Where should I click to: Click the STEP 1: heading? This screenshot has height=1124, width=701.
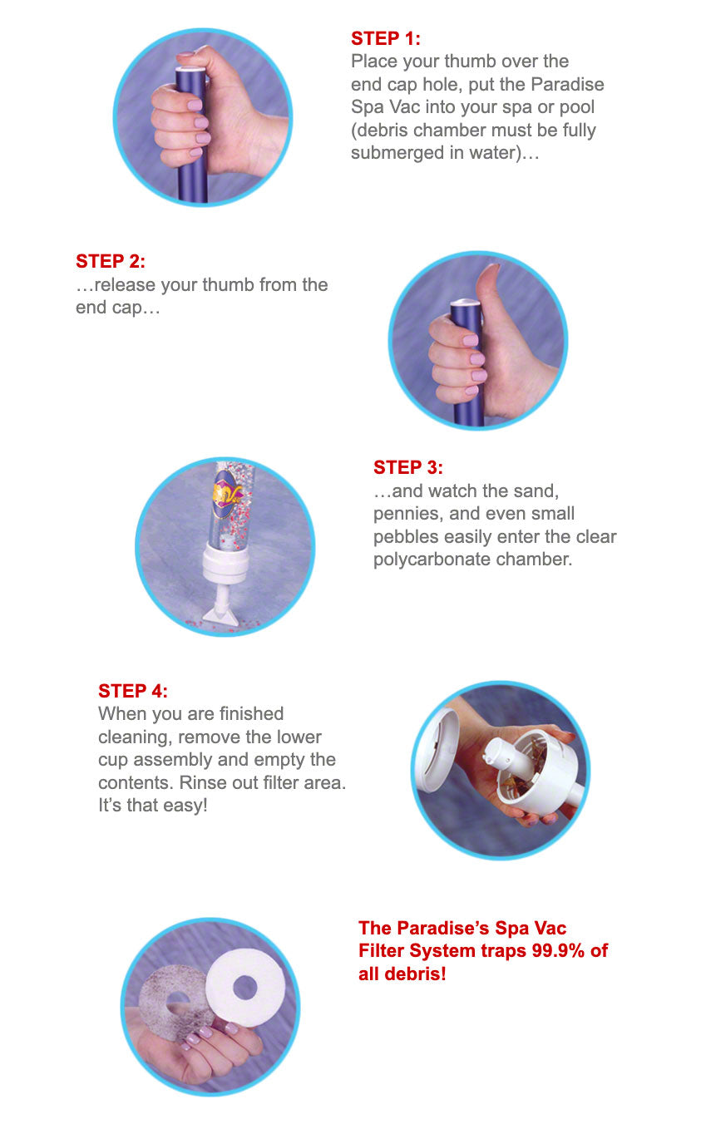(x=385, y=38)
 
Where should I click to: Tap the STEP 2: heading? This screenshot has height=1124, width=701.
(x=111, y=261)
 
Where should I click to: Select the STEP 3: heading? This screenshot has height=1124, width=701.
(x=408, y=468)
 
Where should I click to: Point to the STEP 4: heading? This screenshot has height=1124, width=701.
(x=133, y=691)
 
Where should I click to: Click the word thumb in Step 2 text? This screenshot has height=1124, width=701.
(x=229, y=284)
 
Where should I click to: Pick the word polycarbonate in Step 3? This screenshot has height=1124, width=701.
(x=431, y=560)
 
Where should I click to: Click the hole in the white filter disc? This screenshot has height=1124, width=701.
(x=245, y=988)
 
